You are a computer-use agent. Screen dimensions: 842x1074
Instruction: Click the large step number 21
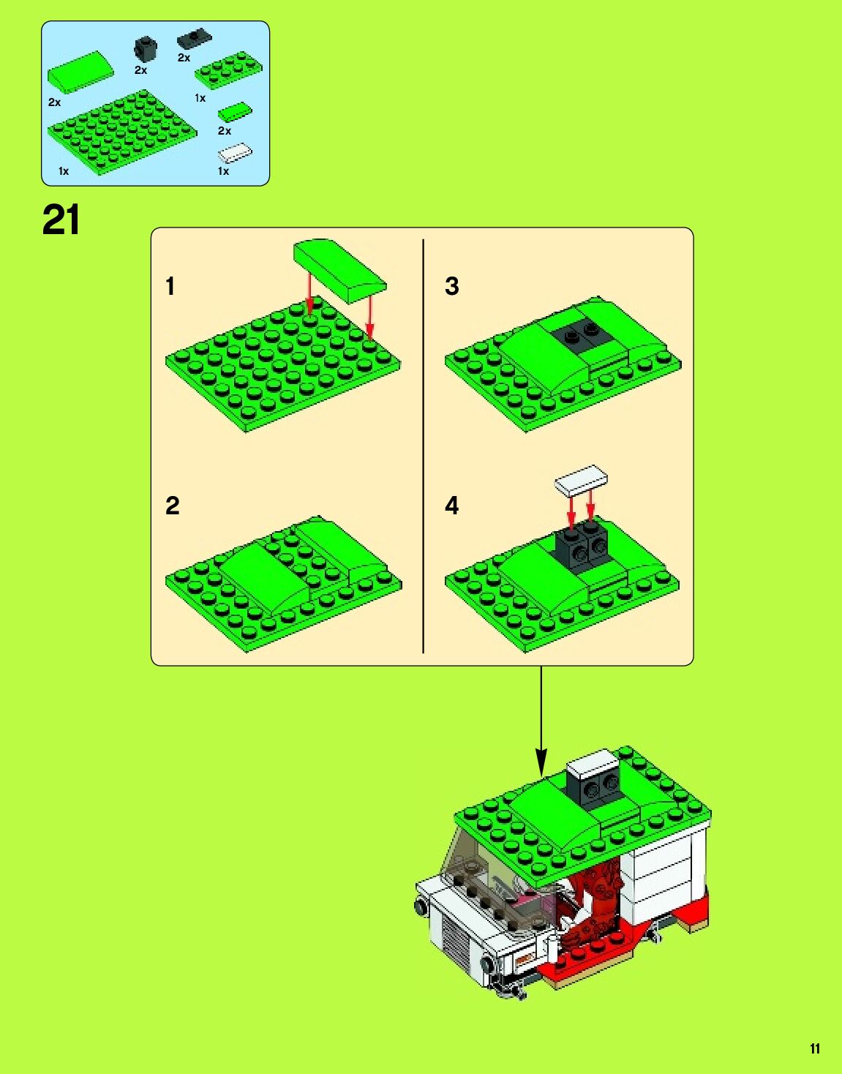point(61,220)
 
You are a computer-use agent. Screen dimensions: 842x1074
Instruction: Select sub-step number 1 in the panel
point(170,286)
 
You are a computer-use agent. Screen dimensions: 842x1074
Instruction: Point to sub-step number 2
point(172,506)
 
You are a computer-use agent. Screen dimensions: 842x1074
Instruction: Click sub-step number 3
point(451,286)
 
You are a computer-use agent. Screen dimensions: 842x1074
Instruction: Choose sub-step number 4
point(451,506)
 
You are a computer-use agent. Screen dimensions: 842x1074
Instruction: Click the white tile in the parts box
point(236,153)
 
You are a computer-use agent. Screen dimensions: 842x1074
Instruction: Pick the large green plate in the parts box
point(122,132)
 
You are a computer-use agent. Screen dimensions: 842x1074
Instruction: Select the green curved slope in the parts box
point(80,72)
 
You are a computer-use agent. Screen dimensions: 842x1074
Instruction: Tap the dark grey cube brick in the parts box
point(146,48)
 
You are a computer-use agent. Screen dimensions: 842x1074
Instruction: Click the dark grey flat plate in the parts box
point(195,38)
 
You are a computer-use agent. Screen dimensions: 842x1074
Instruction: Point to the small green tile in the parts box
point(236,112)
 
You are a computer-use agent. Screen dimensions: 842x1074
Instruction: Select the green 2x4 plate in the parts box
point(228,71)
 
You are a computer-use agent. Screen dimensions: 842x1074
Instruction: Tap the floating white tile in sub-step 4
point(581,481)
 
